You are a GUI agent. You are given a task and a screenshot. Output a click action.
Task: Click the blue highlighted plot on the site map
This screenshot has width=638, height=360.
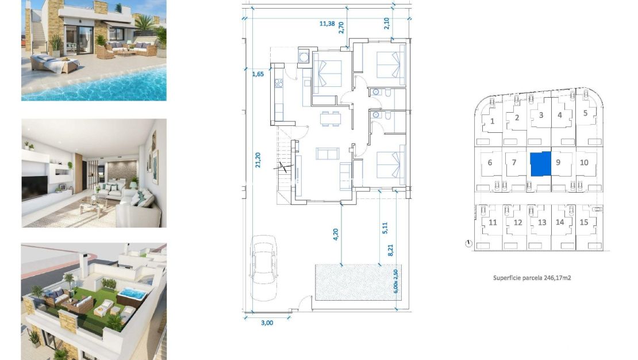540,164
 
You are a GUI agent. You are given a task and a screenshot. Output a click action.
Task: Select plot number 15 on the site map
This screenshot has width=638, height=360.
584,223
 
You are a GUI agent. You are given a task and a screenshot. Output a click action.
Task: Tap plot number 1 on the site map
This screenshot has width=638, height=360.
493,121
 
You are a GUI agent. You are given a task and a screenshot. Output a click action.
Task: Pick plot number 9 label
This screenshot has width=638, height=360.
558,162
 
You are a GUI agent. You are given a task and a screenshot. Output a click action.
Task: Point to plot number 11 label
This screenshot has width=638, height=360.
493,223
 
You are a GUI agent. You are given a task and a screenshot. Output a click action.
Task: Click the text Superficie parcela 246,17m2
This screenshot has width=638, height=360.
535,277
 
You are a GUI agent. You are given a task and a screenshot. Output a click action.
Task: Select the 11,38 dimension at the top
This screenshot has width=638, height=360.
328,24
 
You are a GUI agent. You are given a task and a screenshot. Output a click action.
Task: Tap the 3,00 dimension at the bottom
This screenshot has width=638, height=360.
267,323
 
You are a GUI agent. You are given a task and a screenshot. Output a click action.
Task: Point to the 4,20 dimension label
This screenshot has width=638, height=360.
337,235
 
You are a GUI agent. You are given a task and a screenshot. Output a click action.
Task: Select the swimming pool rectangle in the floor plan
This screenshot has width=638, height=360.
348,282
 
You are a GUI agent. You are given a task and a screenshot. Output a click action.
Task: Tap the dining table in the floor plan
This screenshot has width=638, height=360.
330,118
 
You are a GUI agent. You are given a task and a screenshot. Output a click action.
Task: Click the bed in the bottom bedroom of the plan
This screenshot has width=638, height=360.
391,164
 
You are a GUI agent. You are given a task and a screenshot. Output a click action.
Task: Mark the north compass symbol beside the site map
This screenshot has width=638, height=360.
469,243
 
